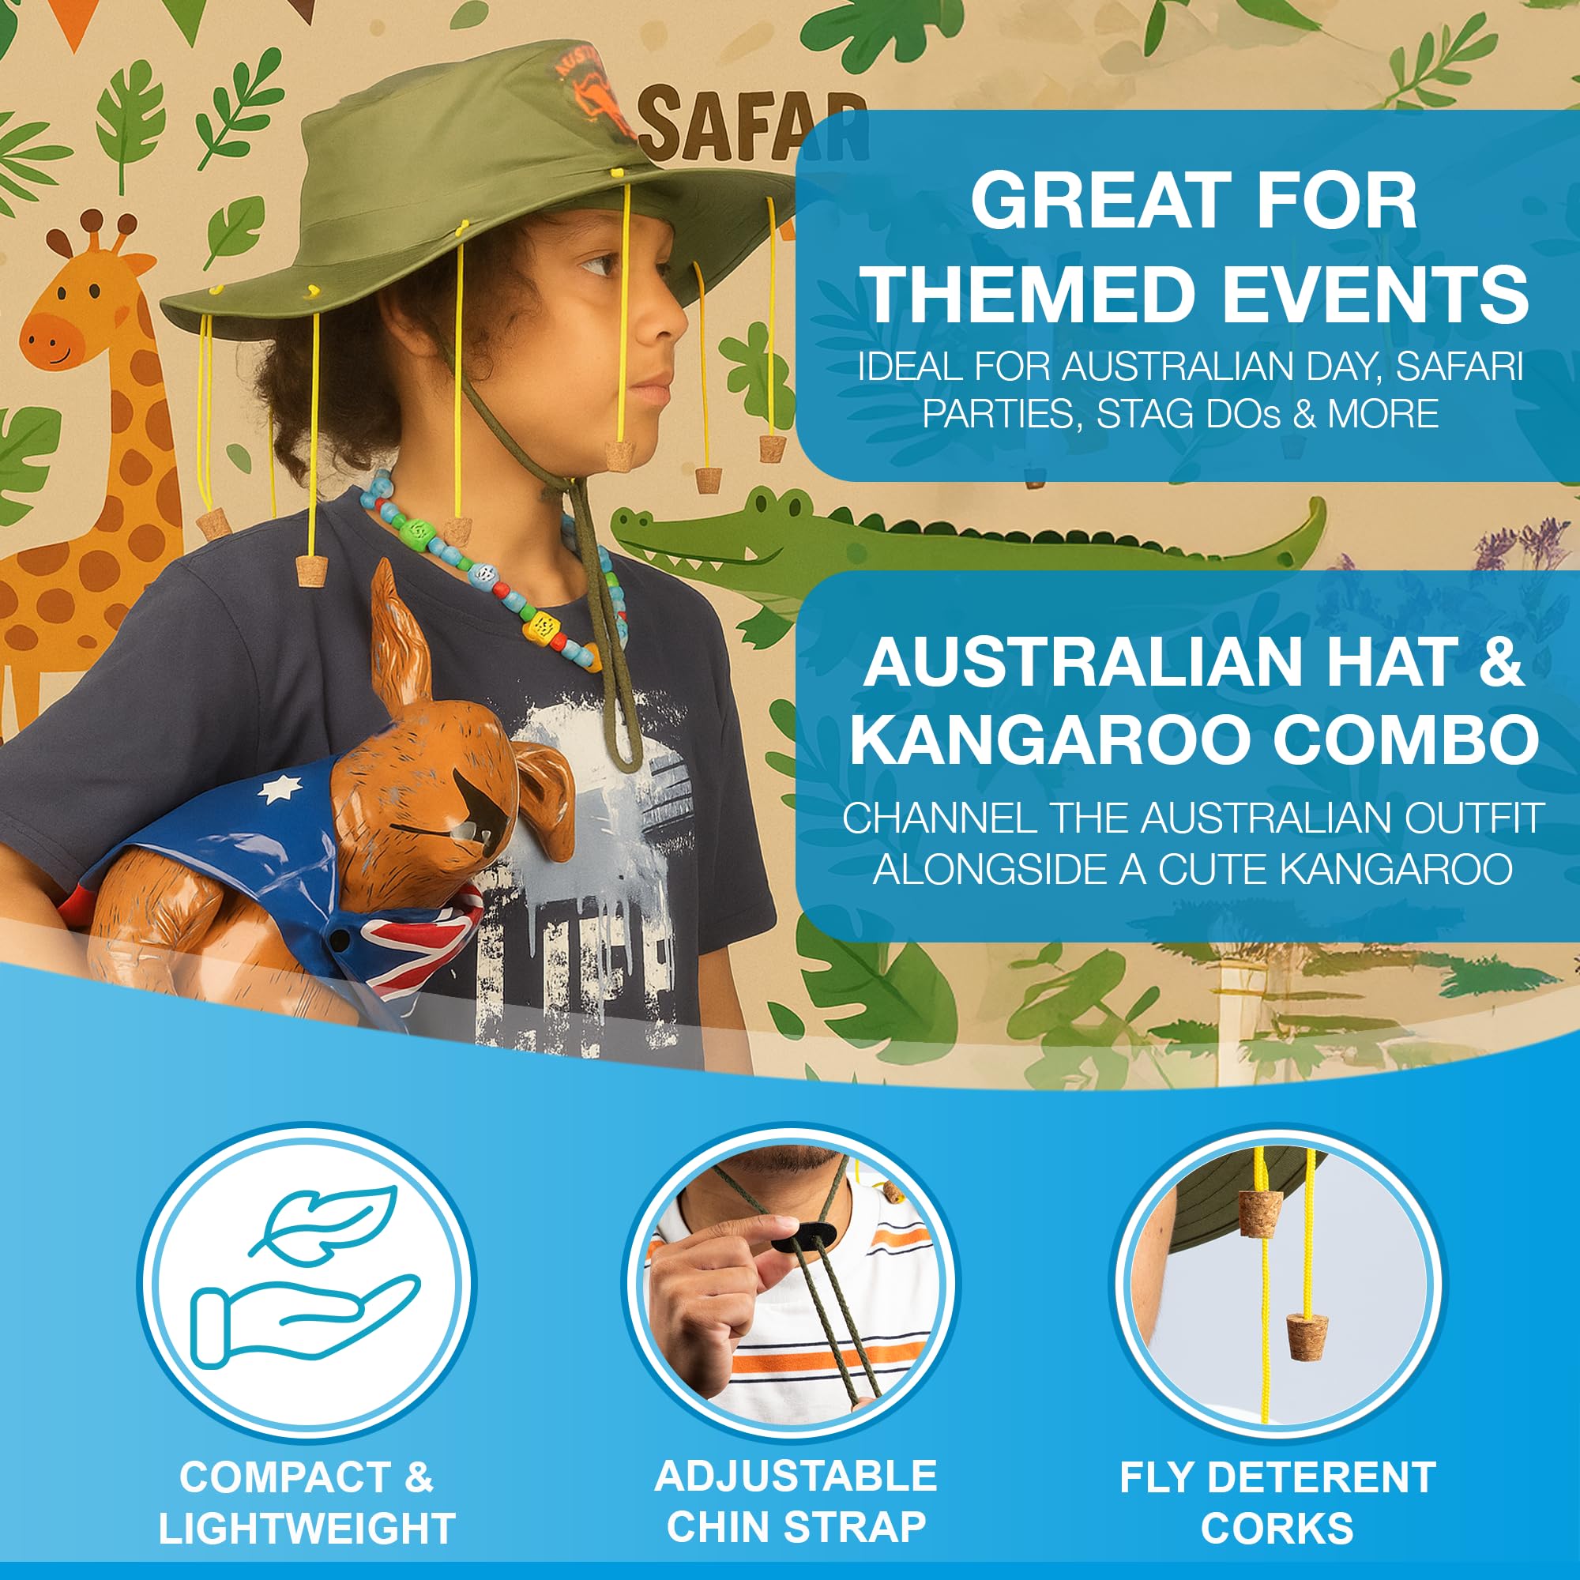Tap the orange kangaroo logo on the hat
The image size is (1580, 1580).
pos(596,94)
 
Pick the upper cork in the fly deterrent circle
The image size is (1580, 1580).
pos(1259,1213)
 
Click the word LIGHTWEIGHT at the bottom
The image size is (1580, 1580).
pos(307,1529)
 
